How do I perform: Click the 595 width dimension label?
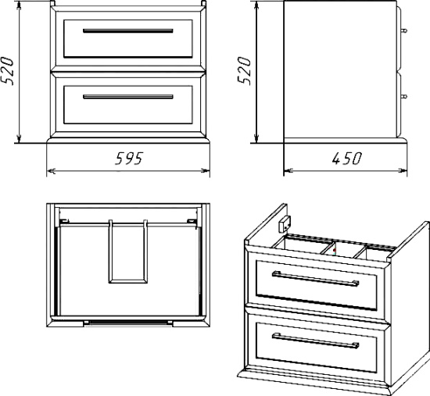tap(129, 159)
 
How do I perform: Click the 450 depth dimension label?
tap(347, 159)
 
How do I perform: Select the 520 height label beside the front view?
tap(7, 71)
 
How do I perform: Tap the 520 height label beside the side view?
tap(244, 71)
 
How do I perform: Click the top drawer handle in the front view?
tap(128, 30)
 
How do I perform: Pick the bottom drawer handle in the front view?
tap(128, 97)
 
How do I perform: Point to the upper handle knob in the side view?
tap(404, 30)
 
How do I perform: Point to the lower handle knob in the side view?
tap(404, 96)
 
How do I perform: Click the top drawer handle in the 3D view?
tap(315, 279)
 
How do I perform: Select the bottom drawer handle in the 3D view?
tap(315, 341)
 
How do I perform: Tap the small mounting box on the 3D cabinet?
tap(285, 224)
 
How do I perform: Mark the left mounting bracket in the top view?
tap(64, 220)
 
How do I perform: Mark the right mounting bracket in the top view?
tap(192, 220)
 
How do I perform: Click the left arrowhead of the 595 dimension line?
tap(51, 171)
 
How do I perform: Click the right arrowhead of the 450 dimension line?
tap(403, 171)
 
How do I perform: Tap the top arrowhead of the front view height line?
tap(19, 5)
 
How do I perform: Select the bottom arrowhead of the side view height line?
tap(256, 138)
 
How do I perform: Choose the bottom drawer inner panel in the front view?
tap(128, 105)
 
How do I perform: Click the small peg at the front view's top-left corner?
tap(52, 3)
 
